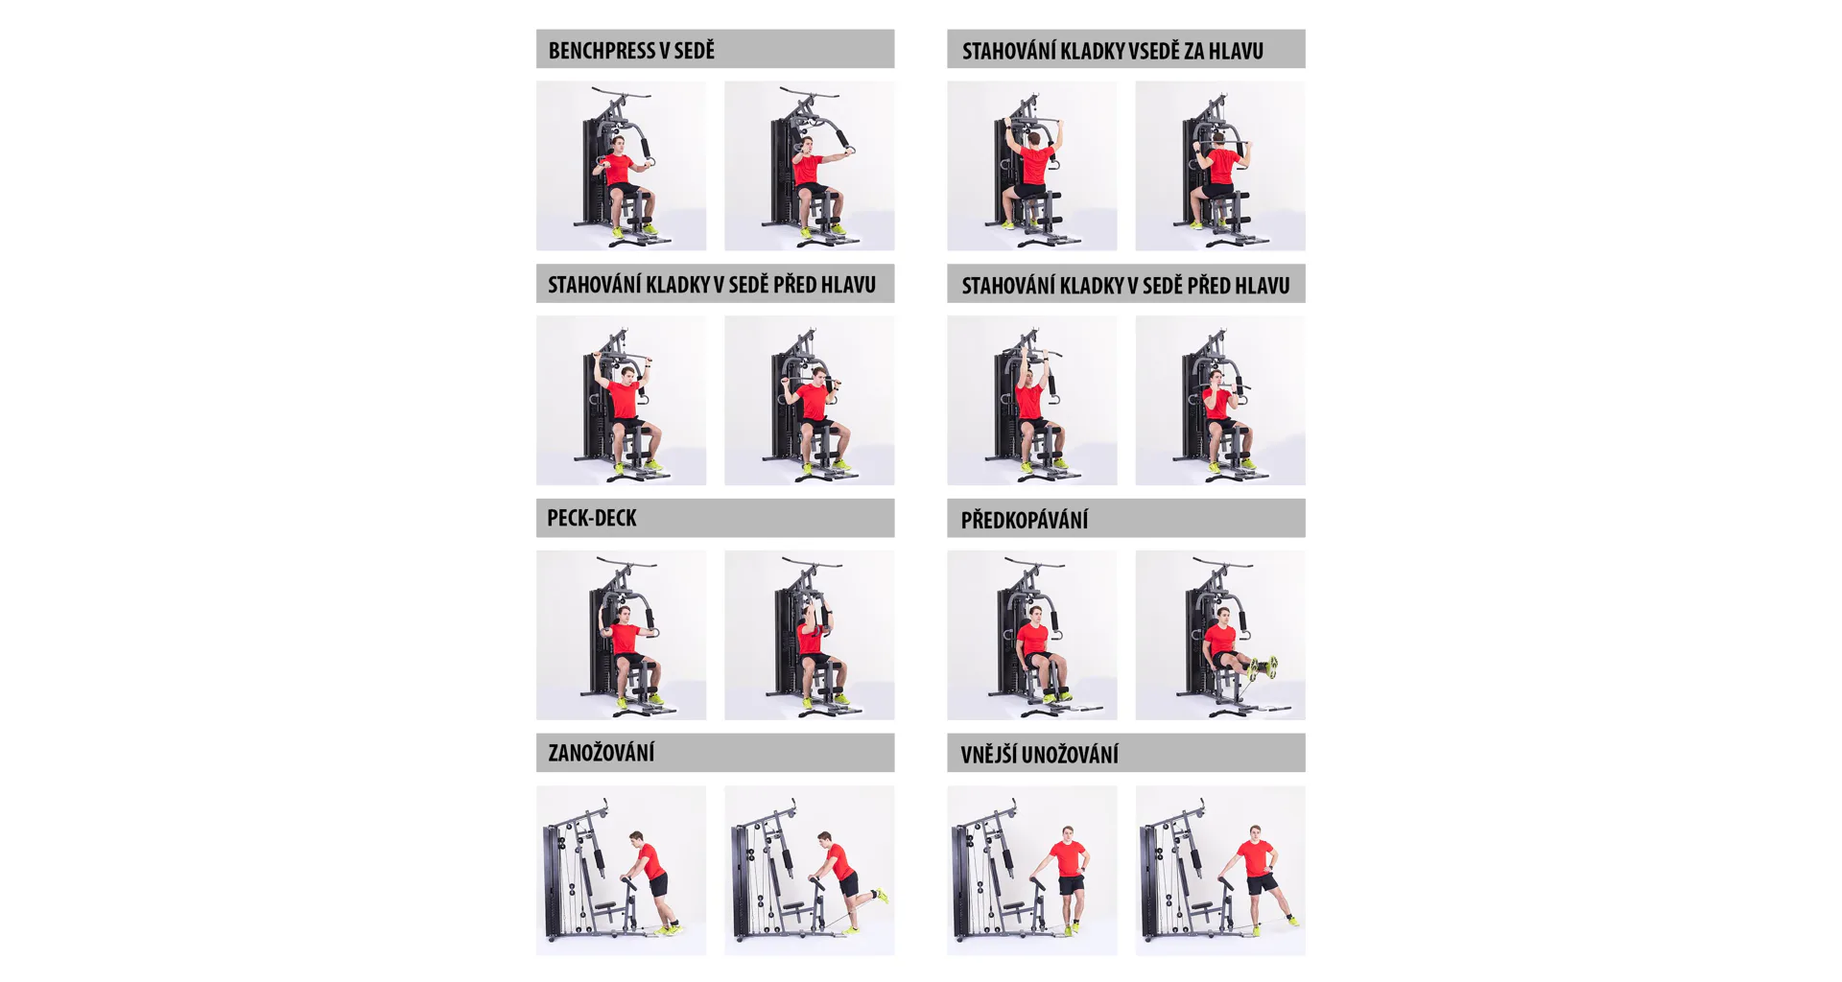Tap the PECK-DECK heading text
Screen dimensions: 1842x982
point(592,518)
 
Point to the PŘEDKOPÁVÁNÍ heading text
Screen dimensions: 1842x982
point(1025,520)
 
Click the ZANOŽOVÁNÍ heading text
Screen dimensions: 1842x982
point(602,753)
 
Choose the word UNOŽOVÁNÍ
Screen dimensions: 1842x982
point(1070,755)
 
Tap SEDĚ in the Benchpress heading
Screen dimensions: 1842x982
point(696,51)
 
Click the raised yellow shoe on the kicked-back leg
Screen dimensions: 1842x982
point(881,896)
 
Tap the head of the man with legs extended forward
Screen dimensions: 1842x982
point(1222,615)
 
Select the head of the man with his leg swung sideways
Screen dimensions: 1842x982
point(1256,832)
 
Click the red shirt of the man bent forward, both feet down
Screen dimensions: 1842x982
point(651,861)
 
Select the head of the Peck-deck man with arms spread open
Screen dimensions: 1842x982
point(624,615)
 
